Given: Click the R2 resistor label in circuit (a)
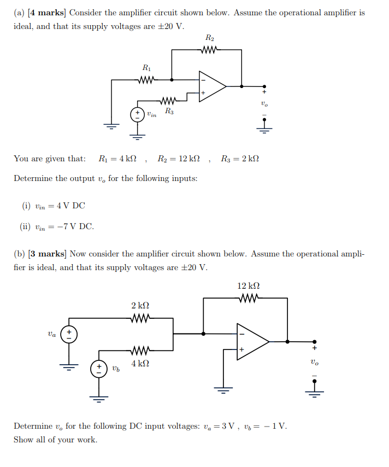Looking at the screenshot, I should pyautogui.click(x=210, y=38).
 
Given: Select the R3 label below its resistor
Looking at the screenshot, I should pyautogui.click(x=170, y=112).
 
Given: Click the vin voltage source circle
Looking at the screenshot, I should pyautogui.click(x=137, y=114).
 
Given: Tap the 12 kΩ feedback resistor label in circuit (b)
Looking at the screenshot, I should pyautogui.click(x=249, y=286).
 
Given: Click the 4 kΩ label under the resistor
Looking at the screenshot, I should pyautogui.click(x=140, y=363).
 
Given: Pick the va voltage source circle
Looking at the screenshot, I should pyautogui.click(x=69, y=334).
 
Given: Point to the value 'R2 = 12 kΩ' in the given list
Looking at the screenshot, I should pyautogui.click(x=178, y=159).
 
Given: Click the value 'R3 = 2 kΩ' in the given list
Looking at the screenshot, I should pyautogui.click(x=240, y=159).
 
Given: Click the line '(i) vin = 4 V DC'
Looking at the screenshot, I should pyautogui.click(x=54, y=206).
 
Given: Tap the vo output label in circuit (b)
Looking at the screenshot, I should pyautogui.click(x=314, y=361).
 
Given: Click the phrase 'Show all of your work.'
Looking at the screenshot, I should pyautogui.click(x=55, y=439).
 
